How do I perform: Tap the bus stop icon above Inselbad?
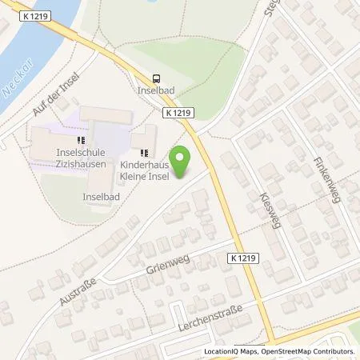coord(156,78)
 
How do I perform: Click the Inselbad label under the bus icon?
coord(156,91)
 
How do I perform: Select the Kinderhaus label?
coord(142,165)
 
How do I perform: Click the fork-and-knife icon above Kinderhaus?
coord(144,152)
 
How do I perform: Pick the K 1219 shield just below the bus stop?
coord(181,114)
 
